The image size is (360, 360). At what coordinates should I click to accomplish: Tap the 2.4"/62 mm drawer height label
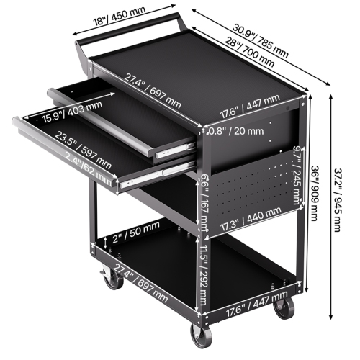89,168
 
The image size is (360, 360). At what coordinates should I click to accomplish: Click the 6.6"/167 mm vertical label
204,204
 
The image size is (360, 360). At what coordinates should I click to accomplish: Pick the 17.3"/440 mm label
251,214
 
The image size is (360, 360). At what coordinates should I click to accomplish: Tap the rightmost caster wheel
286,309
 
